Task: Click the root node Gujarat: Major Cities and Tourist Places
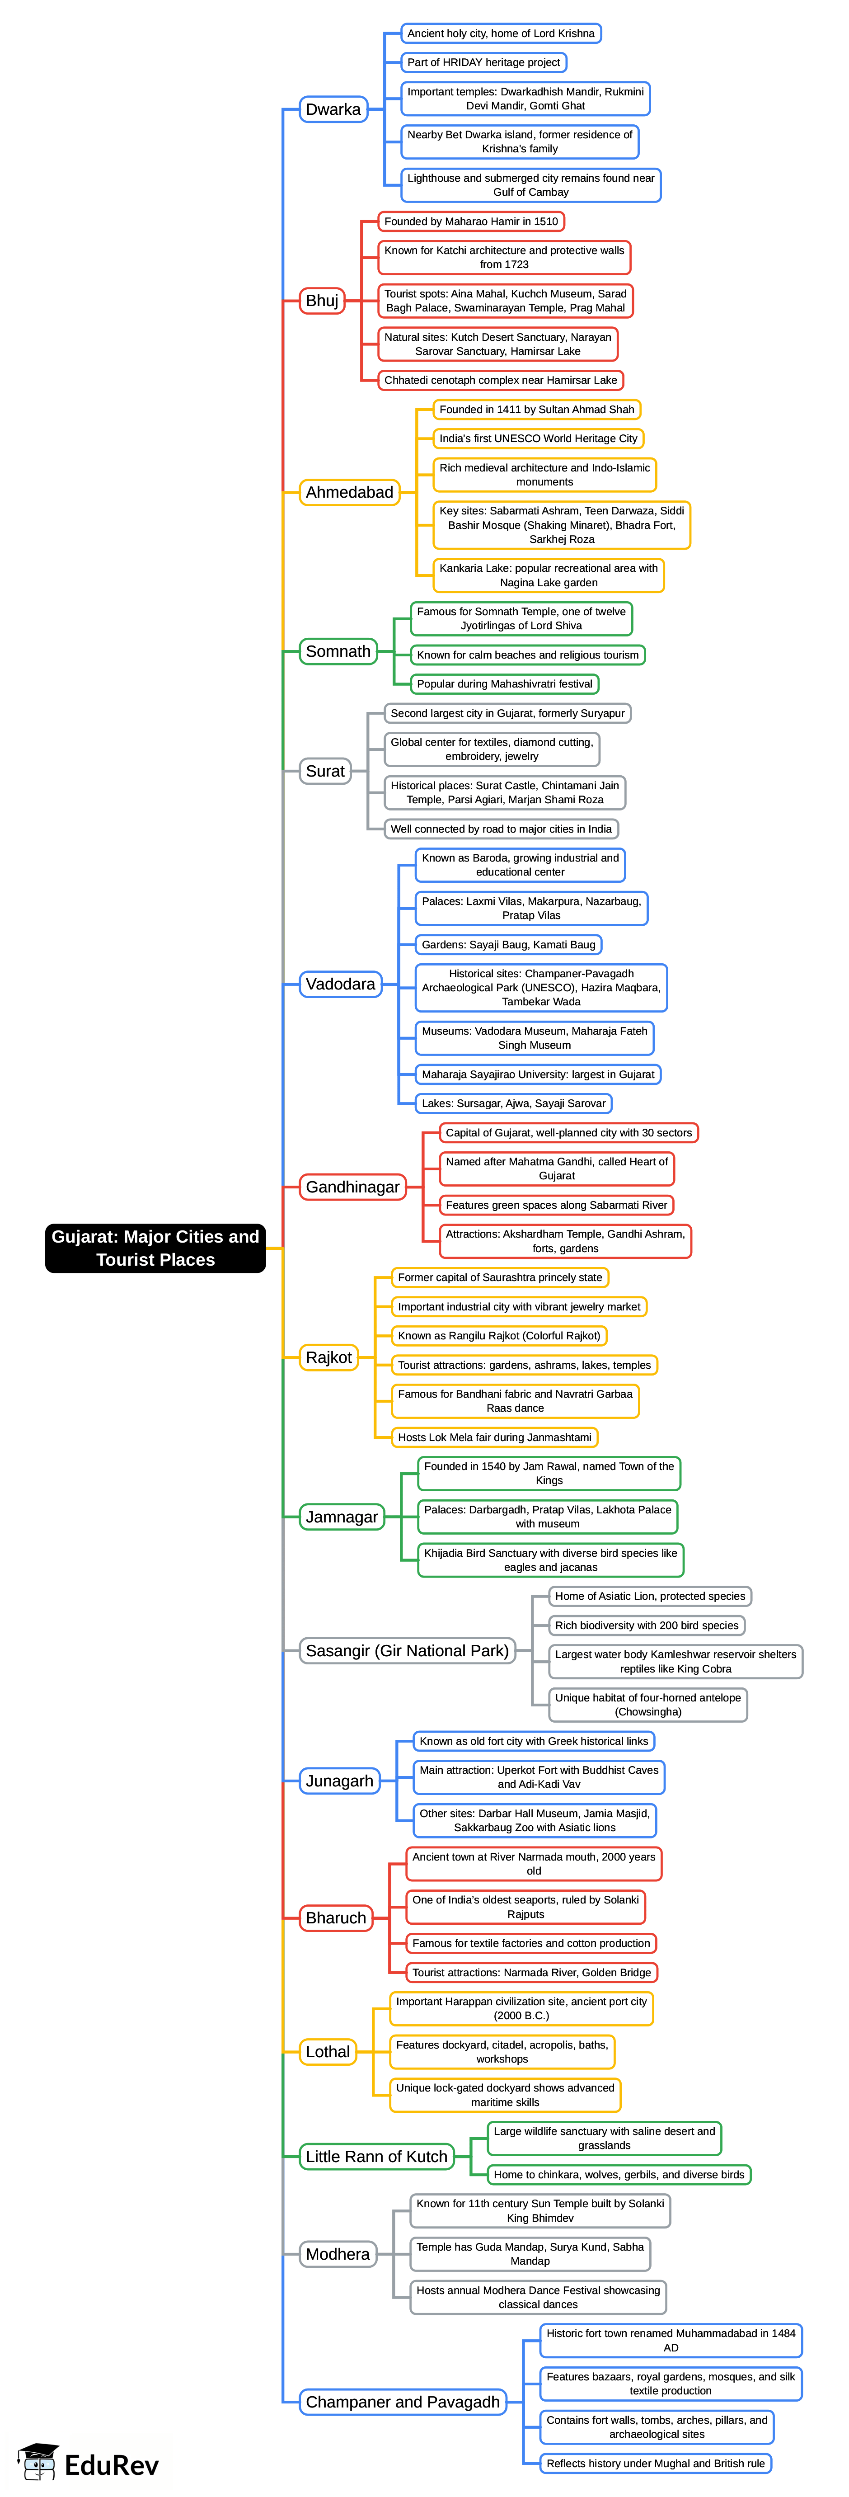coord(155,1248)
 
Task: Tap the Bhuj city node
coord(322,301)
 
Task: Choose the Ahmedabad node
coord(349,492)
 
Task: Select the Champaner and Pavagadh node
coord(402,2401)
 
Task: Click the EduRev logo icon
coord(39,2462)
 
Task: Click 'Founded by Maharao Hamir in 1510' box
coord(471,221)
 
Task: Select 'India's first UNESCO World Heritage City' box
coord(538,438)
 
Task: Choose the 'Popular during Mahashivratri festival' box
coord(504,683)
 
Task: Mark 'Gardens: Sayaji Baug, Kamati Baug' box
coord(508,944)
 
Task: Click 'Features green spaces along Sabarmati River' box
coord(556,1205)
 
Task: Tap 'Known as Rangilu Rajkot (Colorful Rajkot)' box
coord(499,1336)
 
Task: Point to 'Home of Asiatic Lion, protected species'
coord(649,1596)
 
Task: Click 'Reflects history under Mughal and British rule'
coord(655,2463)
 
